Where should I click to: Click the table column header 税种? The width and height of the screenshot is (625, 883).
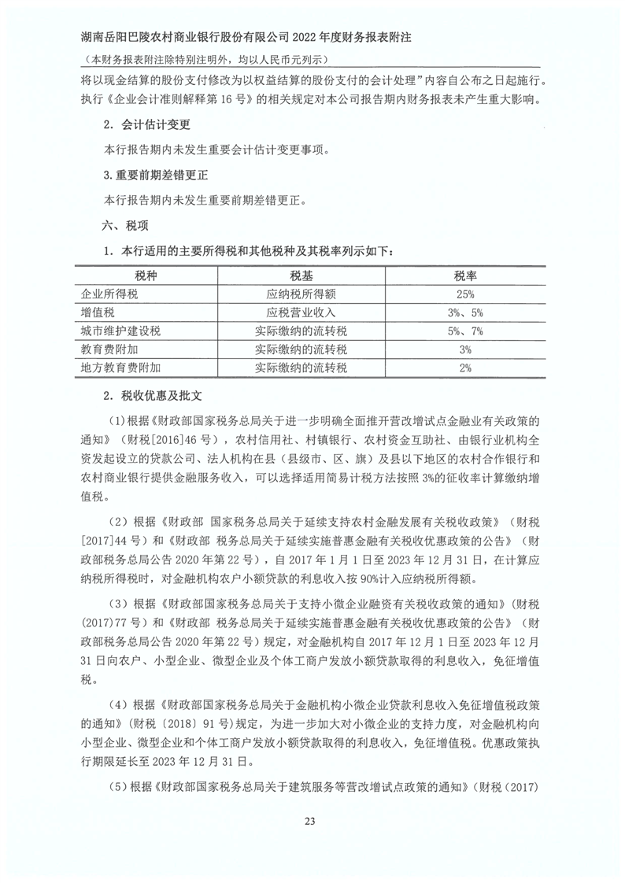pyautogui.click(x=146, y=276)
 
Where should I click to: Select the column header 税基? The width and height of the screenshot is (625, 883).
pyautogui.click(x=301, y=276)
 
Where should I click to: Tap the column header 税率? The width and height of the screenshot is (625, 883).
pyautogui.click(x=465, y=276)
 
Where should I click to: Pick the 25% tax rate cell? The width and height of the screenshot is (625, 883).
pyautogui.click(x=464, y=294)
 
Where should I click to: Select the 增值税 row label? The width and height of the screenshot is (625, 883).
pyautogui.click(x=98, y=312)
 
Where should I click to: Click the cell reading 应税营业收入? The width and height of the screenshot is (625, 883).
pyautogui.click(x=301, y=312)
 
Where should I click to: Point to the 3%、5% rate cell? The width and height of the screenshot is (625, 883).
pyautogui.click(x=464, y=312)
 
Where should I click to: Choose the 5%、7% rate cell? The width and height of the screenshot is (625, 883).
pyautogui.click(x=464, y=331)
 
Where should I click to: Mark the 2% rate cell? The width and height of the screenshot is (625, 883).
pyautogui.click(x=464, y=368)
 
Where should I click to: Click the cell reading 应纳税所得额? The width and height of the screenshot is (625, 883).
pyautogui.click(x=301, y=294)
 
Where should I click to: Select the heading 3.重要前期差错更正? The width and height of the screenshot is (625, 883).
pyautogui.click(x=155, y=175)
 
